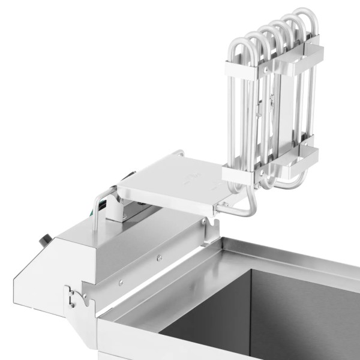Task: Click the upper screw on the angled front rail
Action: click(x=160, y=258)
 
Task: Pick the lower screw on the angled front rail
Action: click(x=120, y=282)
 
